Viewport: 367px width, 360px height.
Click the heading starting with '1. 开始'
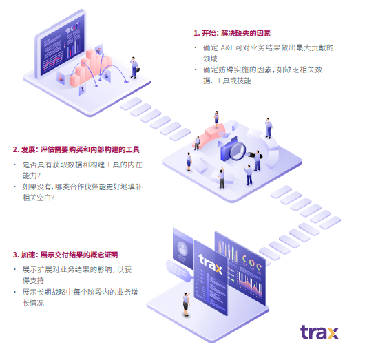pos(232,33)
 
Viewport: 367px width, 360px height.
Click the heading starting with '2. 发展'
pos(76,149)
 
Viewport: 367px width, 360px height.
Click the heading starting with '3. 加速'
pos(65,255)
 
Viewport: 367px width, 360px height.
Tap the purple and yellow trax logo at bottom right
pos(319,332)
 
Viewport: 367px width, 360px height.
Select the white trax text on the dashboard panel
pos(211,264)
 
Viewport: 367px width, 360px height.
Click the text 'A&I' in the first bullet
pos(227,47)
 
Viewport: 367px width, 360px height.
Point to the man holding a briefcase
pos(134,68)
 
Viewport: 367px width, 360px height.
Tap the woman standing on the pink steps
pos(216,119)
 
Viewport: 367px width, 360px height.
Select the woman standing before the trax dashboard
pos(186,304)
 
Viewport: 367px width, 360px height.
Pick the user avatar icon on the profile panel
pos(182,248)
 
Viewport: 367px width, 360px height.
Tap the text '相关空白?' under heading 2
pos(39,198)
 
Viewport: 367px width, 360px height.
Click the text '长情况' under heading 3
pos(33,303)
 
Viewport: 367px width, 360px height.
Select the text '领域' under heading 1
pos(210,59)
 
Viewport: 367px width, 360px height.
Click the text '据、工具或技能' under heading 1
pos(227,81)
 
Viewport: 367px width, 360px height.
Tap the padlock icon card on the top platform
pos(107,76)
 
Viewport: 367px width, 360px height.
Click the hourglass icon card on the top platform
pos(83,89)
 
